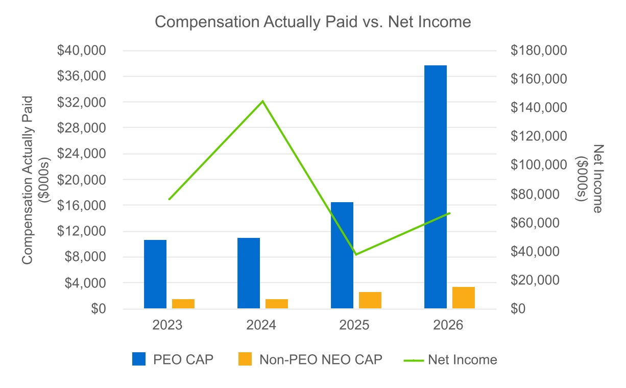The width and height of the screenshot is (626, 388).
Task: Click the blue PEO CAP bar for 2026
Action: pos(436,187)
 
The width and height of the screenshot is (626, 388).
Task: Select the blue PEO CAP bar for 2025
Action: pos(342,255)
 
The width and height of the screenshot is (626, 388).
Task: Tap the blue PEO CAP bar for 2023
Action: pos(155,274)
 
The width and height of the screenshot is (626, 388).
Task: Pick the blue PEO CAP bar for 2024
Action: pos(249,273)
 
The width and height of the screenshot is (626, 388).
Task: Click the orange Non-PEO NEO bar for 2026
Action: pos(464,298)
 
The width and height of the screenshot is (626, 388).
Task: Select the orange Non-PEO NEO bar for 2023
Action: pos(183,304)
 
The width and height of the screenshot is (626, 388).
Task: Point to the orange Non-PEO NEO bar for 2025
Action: pos(370,300)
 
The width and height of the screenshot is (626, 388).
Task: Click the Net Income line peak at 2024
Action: pos(262,101)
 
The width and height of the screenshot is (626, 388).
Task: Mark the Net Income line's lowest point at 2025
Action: pos(356,254)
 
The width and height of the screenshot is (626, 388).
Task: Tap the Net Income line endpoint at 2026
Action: pos(449,213)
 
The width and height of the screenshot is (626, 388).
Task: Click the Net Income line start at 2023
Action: pos(170,199)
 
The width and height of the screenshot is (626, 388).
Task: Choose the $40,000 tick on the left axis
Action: pos(81,51)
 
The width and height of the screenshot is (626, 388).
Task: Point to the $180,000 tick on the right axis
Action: pos(539,51)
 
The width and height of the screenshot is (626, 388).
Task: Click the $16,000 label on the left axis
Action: pos(81,206)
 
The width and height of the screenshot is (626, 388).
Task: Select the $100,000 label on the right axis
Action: pos(539,164)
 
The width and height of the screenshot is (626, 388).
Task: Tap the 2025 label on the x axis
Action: pos(354,325)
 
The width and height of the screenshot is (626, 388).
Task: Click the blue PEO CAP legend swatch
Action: pos(139,359)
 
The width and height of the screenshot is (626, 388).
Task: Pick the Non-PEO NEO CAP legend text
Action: pos(321,359)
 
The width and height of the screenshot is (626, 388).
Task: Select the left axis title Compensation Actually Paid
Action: pos(28,180)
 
